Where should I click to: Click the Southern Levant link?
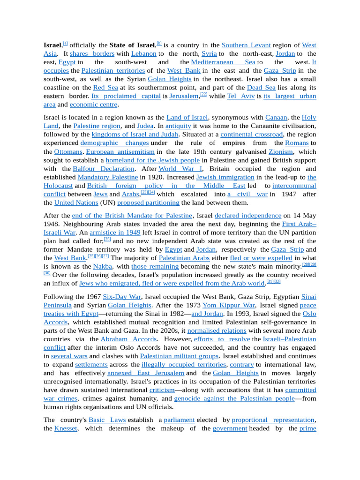click(246, 45)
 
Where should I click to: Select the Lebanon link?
click(143, 54)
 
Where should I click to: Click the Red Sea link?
click(105, 88)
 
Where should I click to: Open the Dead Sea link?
click(262, 88)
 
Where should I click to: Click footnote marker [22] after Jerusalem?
click(203, 94)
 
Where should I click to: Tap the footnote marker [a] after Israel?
click(65, 44)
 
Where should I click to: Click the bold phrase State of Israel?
click(132, 45)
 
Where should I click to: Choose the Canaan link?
click(276, 117)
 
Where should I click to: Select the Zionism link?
click(281, 152)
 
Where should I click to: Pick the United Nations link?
click(76, 202)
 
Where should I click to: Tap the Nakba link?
click(103, 266)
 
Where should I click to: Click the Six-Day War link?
click(122, 297)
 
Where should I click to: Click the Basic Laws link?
click(107, 420)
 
